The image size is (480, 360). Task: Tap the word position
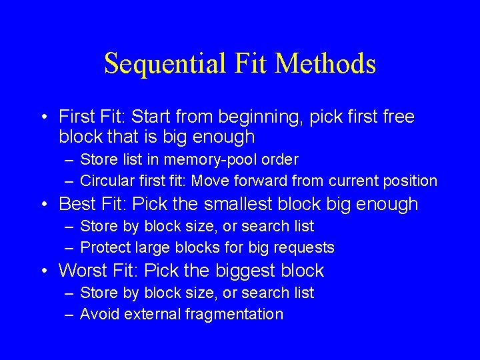[x=409, y=181]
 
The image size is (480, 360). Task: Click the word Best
[x=76, y=204]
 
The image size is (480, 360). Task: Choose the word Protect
[x=105, y=248]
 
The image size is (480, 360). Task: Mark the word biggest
[x=230, y=271]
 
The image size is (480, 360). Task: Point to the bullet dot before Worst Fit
[x=43, y=271]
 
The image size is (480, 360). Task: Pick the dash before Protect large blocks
[x=69, y=248]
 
